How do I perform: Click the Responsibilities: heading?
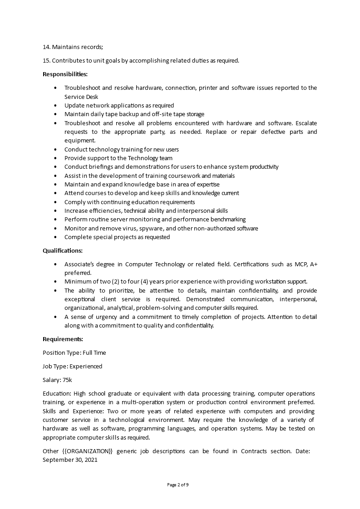click(65, 74)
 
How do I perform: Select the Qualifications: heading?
click(63, 250)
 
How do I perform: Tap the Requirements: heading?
click(63, 339)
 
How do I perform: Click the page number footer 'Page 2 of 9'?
click(178, 485)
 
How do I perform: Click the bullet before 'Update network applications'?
click(55, 105)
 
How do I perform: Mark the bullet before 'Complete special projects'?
click(55, 237)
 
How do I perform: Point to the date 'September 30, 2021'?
click(70, 460)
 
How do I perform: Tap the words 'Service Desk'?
click(81, 97)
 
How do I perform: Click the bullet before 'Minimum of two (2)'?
click(55, 281)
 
